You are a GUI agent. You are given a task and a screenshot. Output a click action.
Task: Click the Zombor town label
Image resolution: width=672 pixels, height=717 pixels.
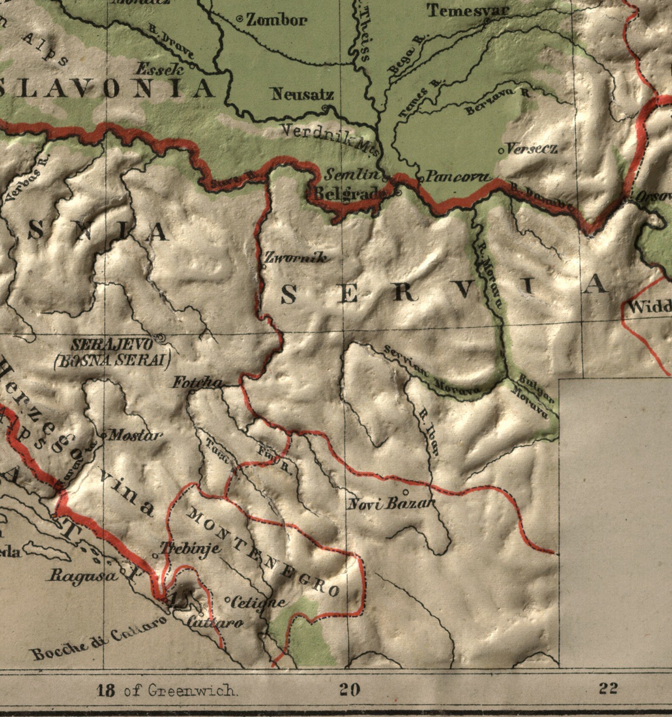(x=276, y=20)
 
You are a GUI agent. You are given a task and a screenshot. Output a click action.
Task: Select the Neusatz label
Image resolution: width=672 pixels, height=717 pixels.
(x=302, y=94)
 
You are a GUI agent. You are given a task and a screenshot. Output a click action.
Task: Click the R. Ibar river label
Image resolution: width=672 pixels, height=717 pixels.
(x=428, y=432)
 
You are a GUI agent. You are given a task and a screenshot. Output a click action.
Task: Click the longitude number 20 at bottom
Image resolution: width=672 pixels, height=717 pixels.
(x=350, y=690)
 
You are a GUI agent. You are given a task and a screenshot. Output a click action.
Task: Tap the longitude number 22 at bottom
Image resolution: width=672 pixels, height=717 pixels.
(x=608, y=688)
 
